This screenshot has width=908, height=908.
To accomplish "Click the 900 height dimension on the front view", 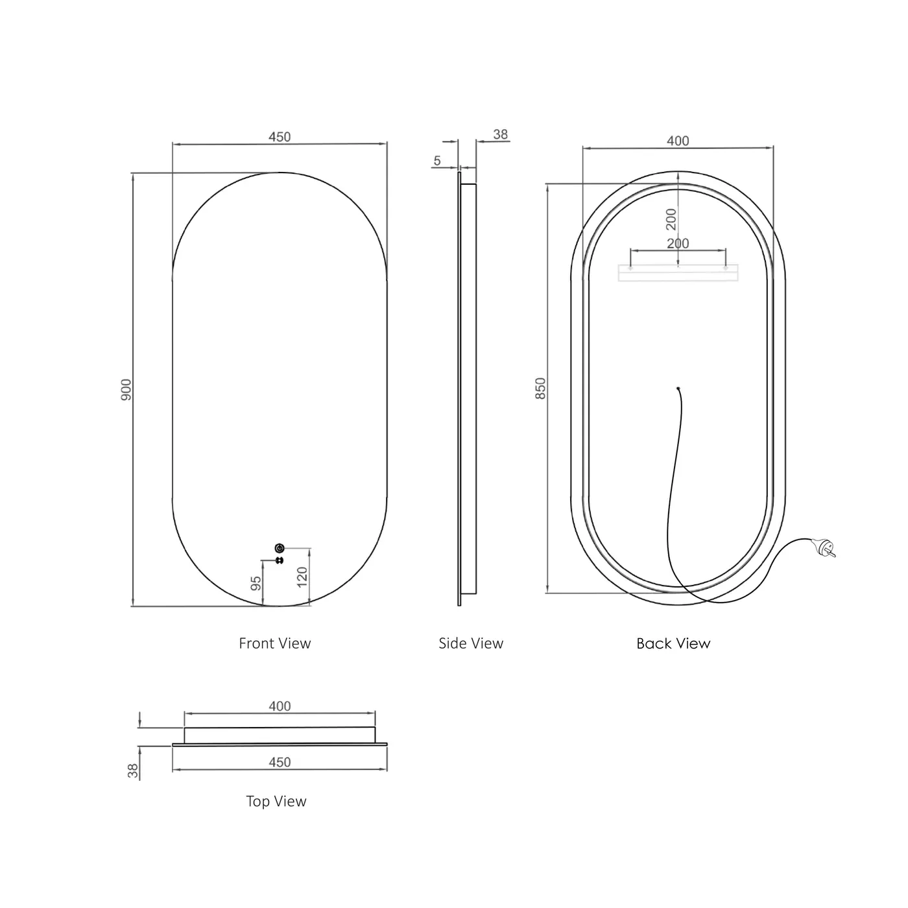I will [126, 389].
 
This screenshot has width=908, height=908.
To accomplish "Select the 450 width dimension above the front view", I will [280, 137].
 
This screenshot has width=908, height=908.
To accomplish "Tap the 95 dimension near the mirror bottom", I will [256, 583].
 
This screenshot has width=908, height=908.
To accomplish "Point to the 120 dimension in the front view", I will [302, 577].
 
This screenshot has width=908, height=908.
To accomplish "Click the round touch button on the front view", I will [280, 548].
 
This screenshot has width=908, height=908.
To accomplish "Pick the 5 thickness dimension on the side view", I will [437, 161].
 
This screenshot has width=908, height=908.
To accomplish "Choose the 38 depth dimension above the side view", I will [500, 135].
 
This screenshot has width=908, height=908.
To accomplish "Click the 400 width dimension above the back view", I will [678, 141].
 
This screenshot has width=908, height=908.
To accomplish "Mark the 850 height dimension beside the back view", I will [541, 388].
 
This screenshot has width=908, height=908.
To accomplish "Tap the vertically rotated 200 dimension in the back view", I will [671, 219].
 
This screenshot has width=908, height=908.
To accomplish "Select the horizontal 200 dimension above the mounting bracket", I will [678, 243].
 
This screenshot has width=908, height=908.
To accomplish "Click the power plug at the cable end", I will [826, 549].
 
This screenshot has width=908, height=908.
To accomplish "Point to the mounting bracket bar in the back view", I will [678, 273].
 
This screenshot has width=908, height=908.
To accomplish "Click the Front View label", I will [275, 643].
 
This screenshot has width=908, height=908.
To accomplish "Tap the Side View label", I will [471, 643].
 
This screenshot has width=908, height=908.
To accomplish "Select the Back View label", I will [673, 643].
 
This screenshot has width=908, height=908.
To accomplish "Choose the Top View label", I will [276, 802].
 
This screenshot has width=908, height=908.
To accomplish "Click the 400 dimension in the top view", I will [280, 706].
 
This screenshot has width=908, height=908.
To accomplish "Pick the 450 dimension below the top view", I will [280, 762].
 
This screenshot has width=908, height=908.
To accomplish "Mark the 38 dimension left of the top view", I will [134, 771].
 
